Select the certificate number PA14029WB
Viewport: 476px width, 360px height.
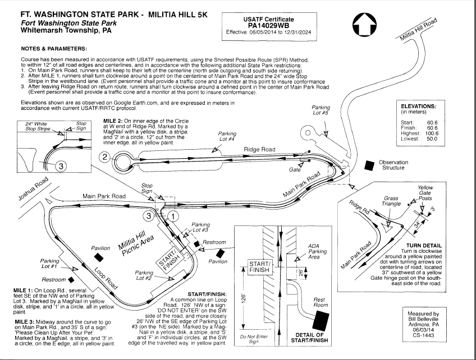[x=268, y=25]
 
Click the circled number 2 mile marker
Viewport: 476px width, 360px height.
[x=103, y=157]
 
